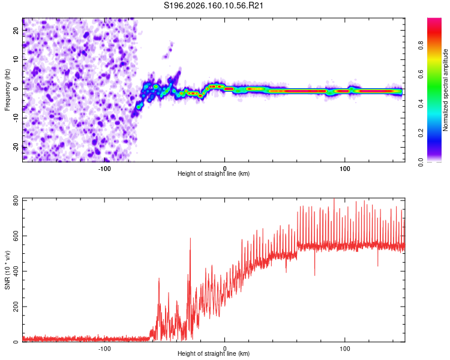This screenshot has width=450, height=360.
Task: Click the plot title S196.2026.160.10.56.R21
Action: [213, 5]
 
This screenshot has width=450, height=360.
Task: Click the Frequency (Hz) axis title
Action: [7, 90]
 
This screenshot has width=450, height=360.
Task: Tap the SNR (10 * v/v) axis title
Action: [7, 270]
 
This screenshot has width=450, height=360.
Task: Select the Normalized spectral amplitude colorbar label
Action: [445, 90]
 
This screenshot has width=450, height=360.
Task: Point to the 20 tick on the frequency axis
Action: [16, 30]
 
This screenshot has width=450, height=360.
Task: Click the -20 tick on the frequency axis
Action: [16, 147]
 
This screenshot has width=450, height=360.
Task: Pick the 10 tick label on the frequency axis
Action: [16, 59]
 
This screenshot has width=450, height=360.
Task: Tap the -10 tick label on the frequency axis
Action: [16, 118]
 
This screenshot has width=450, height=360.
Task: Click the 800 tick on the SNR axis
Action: [16, 201]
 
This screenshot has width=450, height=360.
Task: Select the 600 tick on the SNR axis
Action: [16, 236]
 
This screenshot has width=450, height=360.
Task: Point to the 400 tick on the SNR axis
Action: [16, 271]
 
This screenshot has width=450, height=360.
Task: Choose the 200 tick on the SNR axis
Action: [16, 307]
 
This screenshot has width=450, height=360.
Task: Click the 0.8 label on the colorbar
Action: [421, 46]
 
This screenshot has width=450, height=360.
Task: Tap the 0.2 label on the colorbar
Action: [421, 133]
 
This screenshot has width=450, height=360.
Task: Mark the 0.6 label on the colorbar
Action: [421, 74]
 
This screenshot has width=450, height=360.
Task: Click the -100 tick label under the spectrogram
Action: [104, 169]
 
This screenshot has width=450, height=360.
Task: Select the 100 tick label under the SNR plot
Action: [344, 349]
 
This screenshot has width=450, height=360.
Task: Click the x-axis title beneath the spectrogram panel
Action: [214, 173]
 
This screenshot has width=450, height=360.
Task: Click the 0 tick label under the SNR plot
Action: [225, 349]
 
